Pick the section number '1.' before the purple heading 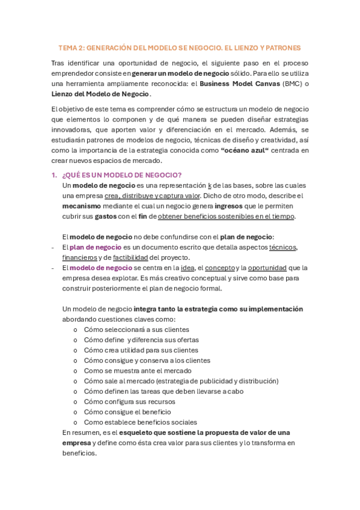(53, 174)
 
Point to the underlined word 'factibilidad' (135, 257)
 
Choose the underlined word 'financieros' (85, 257)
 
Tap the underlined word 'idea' (188, 268)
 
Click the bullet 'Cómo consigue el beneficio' (127, 412)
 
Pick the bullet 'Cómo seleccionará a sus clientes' (136, 330)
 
